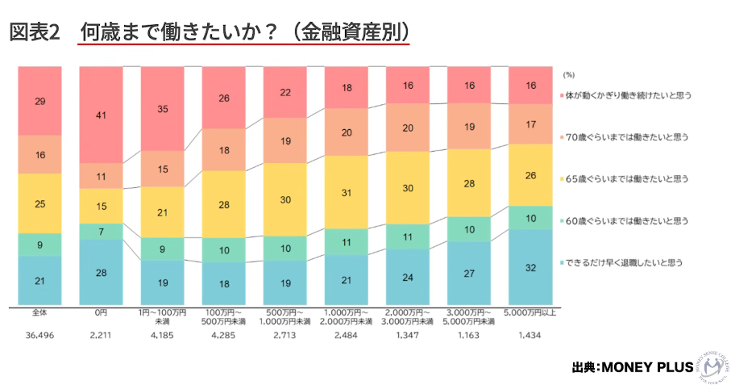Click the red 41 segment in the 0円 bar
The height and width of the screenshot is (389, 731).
(x=101, y=115)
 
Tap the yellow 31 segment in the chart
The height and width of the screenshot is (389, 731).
(x=346, y=192)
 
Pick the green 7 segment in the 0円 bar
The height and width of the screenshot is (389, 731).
(x=101, y=232)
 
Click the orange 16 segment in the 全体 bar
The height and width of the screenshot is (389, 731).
(x=39, y=154)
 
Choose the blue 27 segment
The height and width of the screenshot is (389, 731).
(x=469, y=274)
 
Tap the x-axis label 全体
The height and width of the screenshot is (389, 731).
(x=39, y=312)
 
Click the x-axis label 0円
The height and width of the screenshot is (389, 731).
(x=101, y=312)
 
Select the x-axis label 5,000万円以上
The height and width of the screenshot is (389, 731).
(x=530, y=312)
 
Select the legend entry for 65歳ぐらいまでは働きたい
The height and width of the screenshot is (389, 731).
(x=625, y=178)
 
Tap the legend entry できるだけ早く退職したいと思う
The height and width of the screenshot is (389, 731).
(x=625, y=262)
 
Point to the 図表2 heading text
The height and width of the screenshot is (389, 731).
(x=35, y=32)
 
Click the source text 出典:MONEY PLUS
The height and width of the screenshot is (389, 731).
(x=632, y=368)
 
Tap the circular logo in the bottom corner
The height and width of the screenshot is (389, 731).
(x=711, y=367)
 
